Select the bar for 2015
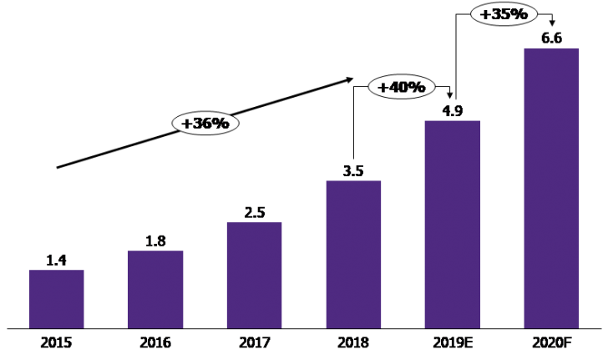[56, 298]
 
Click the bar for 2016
[155, 289]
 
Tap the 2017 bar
[254, 275]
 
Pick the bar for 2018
[353, 254]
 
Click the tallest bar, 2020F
[551, 188]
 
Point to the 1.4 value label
[56, 260]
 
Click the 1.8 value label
[155, 241]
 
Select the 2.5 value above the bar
[254, 212]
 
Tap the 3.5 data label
[353, 171]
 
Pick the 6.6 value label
[551, 38]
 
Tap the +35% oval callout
[500, 14]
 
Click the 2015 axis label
[56, 342]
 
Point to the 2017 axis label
[254, 342]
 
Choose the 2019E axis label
[452, 342]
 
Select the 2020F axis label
[551, 342]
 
